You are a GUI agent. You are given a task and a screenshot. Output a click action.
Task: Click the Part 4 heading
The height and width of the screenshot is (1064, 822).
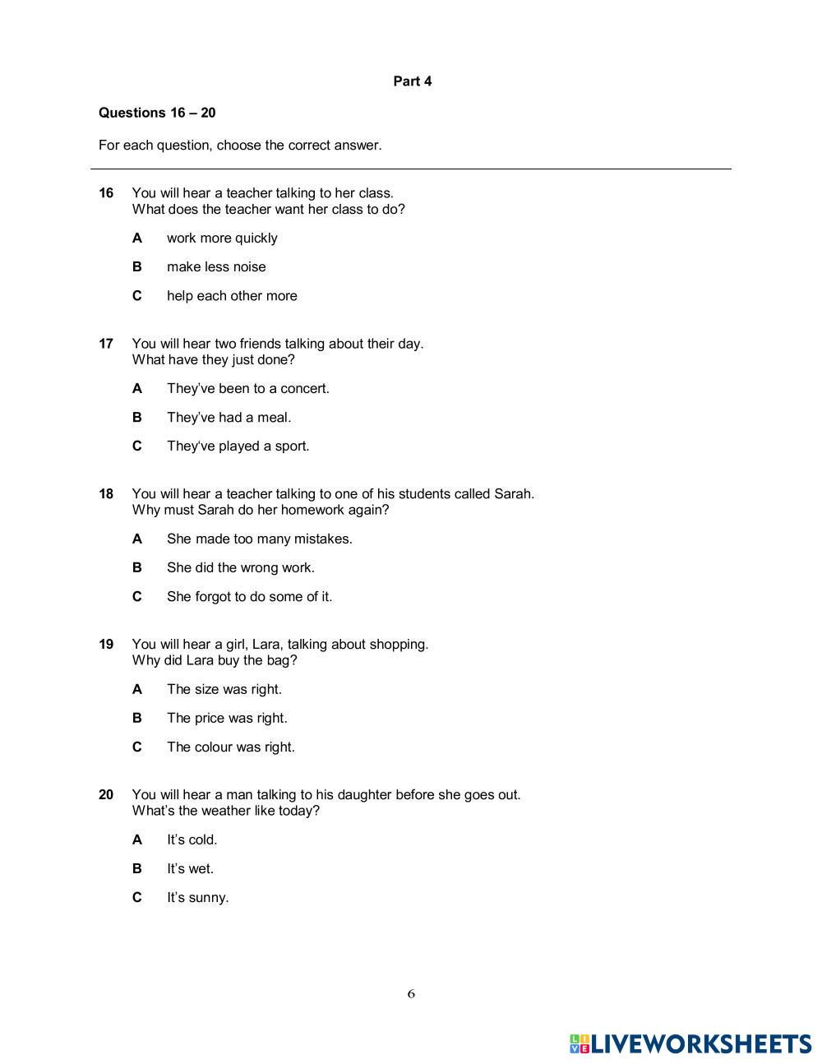click(412, 81)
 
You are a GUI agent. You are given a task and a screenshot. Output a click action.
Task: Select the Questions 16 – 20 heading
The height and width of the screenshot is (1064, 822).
click(157, 113)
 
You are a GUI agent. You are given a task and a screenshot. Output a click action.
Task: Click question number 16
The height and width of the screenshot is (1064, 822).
click(106, 193)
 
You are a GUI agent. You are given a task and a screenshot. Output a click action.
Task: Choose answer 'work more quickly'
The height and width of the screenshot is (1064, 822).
click(222, 238)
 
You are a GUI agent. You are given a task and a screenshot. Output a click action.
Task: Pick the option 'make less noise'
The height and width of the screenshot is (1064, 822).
click(216, 267)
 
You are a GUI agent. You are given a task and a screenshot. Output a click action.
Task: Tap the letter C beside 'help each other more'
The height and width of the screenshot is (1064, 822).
click(137, 296)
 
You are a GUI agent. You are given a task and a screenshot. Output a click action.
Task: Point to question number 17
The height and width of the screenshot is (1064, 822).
click(106, 344)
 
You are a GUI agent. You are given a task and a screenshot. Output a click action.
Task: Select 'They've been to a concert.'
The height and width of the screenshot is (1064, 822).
click(247, 389)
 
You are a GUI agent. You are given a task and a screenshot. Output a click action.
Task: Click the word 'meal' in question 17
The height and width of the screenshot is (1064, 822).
click(274, 418)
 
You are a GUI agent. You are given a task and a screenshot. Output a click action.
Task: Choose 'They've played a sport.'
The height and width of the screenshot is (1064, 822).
click(238, 446)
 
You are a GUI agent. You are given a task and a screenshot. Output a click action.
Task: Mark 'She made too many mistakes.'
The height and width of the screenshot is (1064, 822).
click(259, 539)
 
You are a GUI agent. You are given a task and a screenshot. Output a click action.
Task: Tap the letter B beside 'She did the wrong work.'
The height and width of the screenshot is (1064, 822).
click(137, 568)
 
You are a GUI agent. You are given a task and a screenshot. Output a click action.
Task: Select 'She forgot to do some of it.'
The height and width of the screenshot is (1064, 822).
click(249, 597)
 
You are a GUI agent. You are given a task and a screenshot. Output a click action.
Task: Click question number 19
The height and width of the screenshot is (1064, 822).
click(106, 645)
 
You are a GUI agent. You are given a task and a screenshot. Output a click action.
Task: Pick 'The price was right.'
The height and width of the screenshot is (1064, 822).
click(227, 719)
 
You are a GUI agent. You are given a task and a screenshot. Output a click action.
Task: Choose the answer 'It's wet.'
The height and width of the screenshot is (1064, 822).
click(190, 869)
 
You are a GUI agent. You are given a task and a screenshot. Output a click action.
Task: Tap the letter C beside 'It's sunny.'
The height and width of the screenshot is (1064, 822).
click(137, 898)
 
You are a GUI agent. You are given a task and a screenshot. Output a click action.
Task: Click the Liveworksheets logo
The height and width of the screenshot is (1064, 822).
click(690, 1044)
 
